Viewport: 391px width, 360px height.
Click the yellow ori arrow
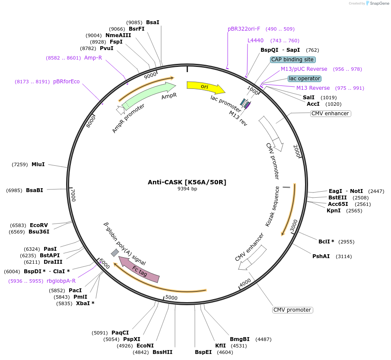205,87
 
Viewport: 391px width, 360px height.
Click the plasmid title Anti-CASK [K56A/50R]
187,182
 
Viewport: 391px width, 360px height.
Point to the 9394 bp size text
187,189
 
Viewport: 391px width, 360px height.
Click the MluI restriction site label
38,164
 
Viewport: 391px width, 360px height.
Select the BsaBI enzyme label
35,190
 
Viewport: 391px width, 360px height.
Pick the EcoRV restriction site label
38,225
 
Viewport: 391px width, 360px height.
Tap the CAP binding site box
293,60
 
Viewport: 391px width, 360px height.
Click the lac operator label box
305,79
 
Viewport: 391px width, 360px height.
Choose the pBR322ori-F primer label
244,29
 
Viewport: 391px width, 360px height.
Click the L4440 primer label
255,41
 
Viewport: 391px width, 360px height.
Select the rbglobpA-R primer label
61,281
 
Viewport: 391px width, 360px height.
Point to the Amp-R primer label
93,58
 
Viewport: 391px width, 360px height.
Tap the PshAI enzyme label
321,256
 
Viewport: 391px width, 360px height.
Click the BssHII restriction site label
162,352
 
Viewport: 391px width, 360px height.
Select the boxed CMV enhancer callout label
330,114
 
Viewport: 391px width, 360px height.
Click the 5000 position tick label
172,297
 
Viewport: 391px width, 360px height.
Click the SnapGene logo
377,3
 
